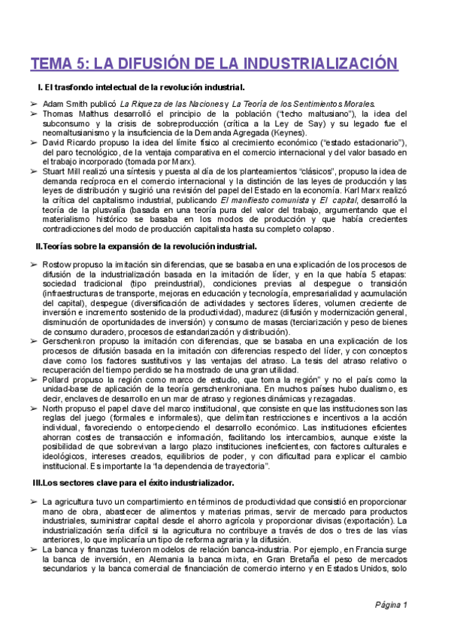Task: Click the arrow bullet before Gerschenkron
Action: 35,341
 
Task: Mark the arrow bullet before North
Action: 35,409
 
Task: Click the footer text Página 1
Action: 391,604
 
